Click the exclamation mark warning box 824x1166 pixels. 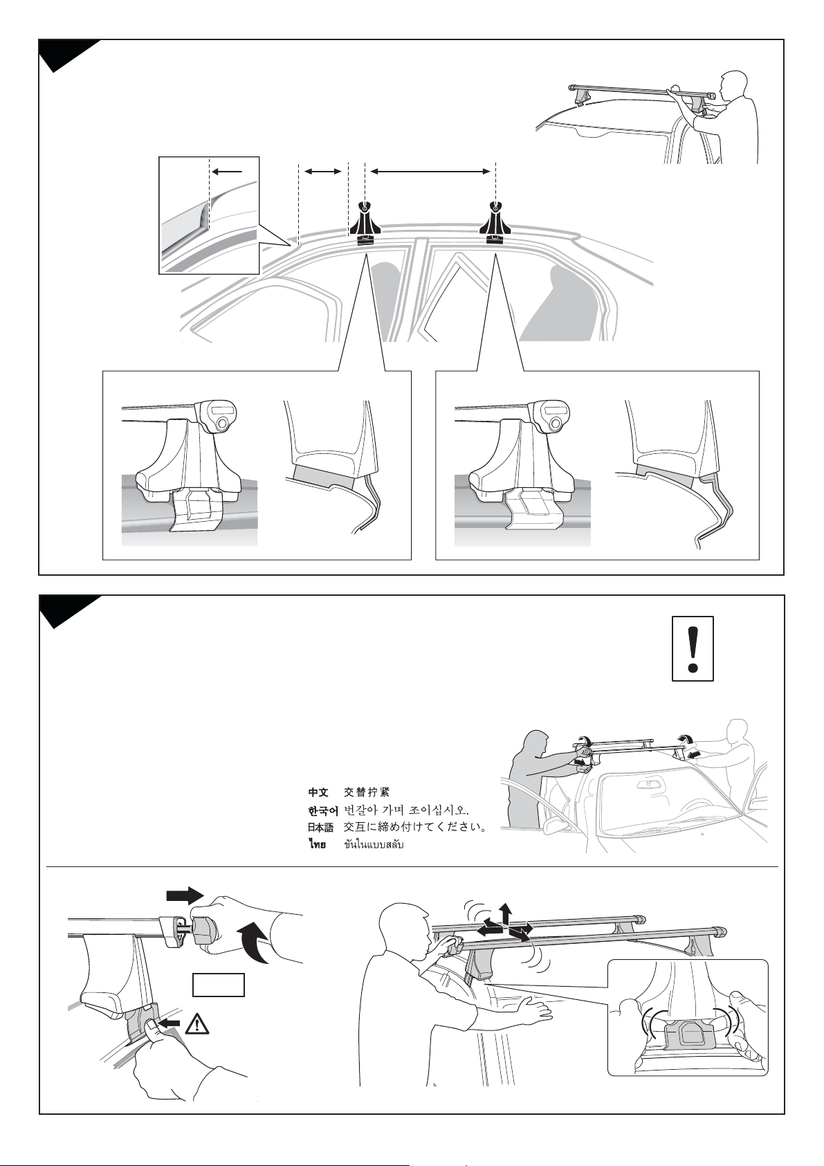693,648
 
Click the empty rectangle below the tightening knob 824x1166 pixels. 219,984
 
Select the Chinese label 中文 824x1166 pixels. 318,793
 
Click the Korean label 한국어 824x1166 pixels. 323,810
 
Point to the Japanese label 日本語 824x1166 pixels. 320,828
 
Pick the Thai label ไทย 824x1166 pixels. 316,844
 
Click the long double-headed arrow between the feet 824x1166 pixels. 430,171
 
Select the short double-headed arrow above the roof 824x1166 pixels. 322,171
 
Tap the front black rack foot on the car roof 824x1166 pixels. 365,224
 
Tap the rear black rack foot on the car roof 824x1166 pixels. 495,224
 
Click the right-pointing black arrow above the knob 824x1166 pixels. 185,896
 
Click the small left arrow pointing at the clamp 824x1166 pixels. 170,1024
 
